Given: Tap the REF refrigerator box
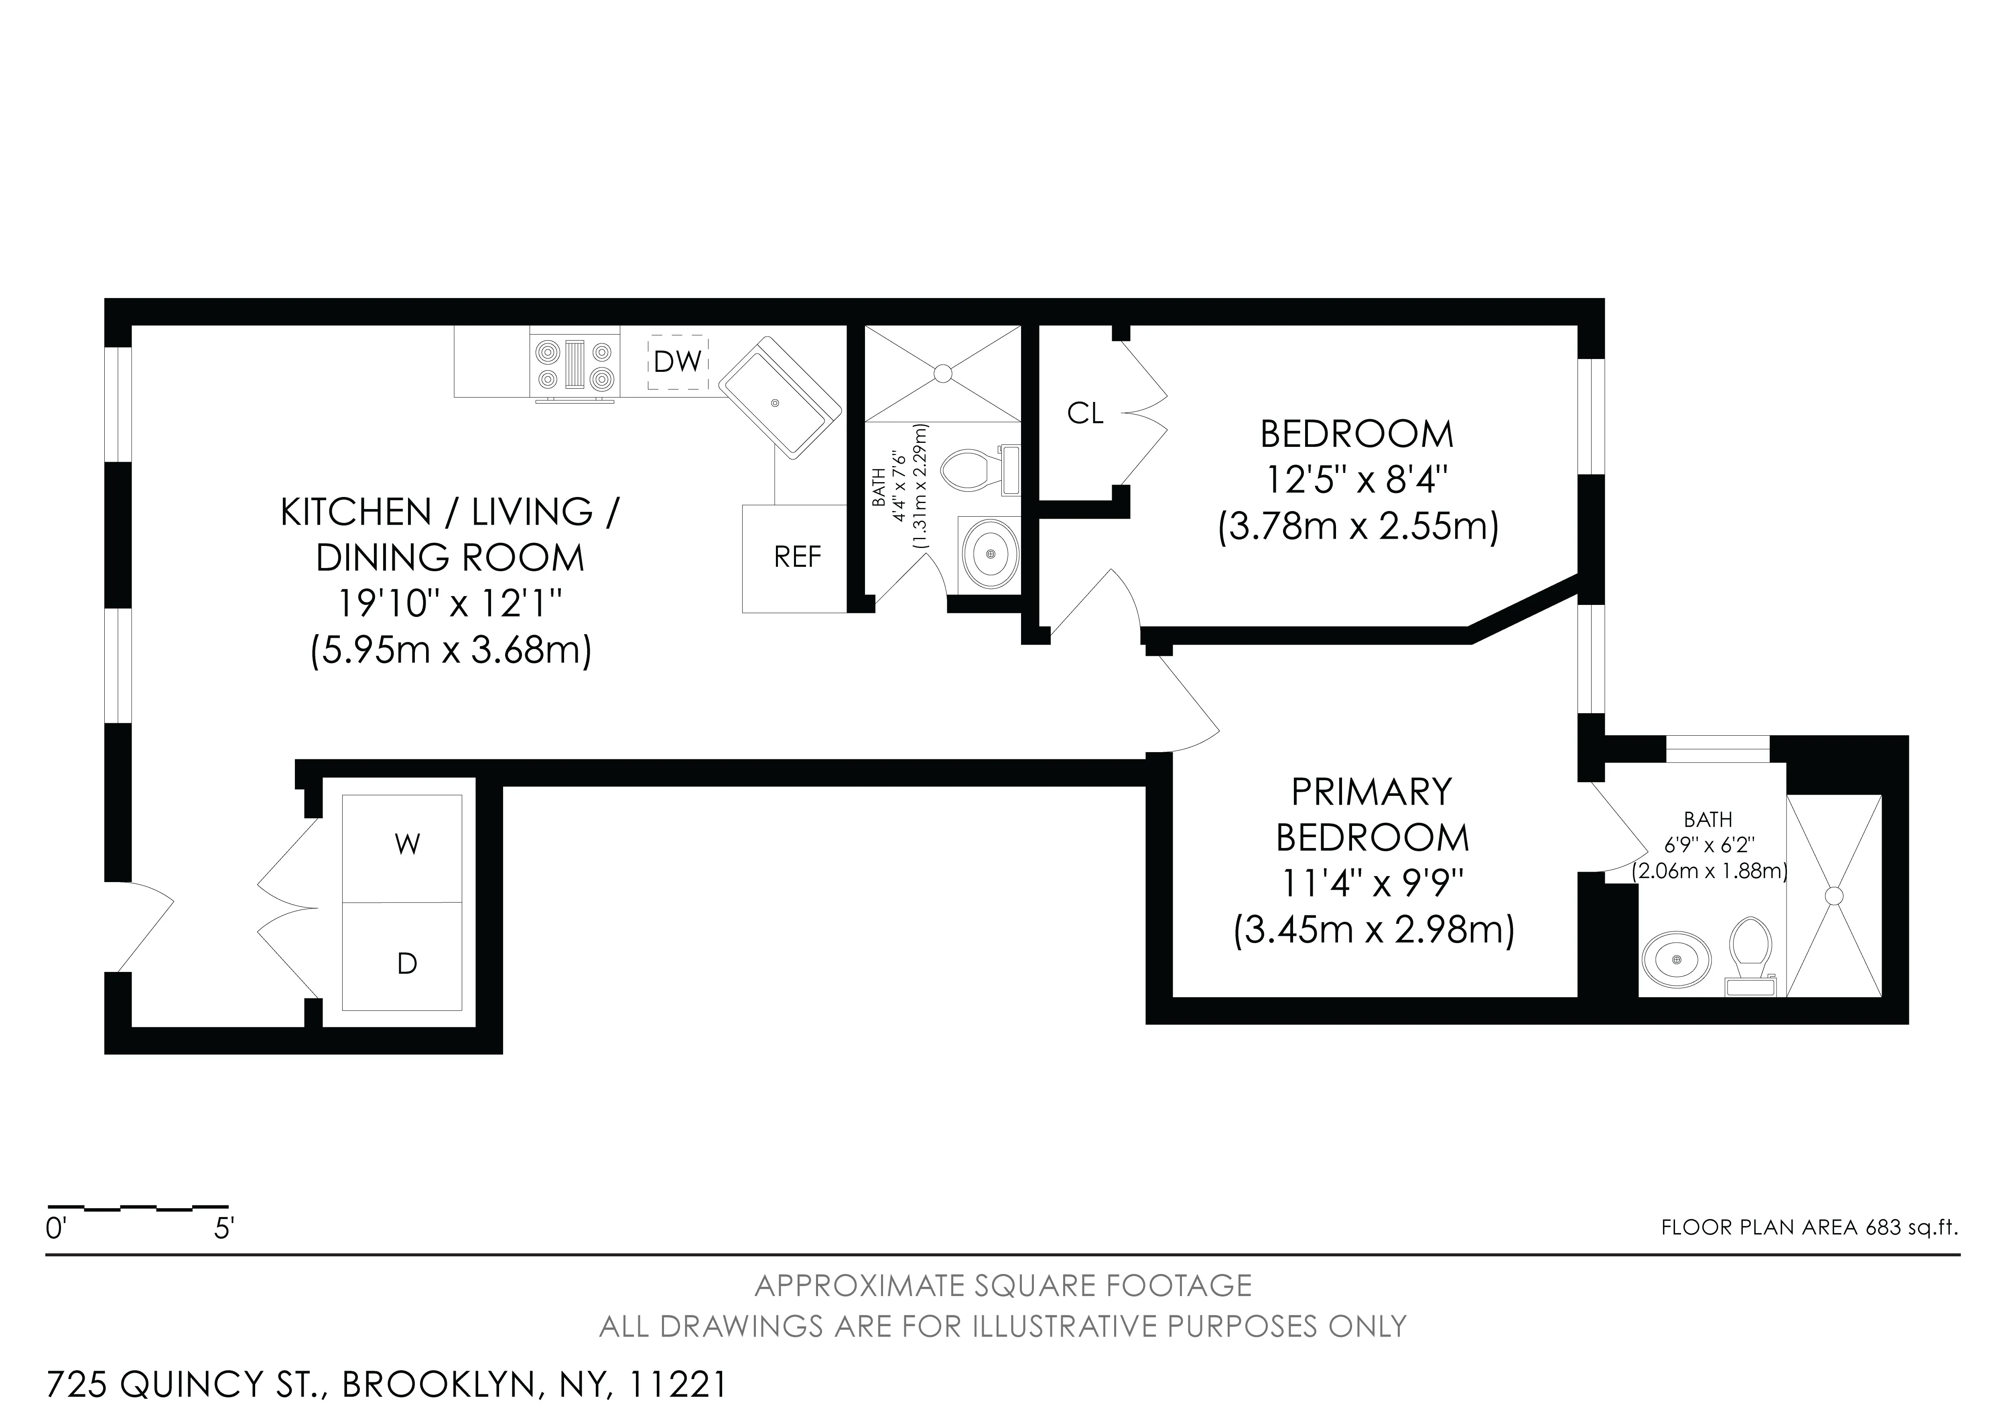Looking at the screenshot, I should point(796,558).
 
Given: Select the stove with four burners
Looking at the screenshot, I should point(575,365).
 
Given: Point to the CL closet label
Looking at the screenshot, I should point(1085,413).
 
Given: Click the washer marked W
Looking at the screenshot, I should point(407,845).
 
